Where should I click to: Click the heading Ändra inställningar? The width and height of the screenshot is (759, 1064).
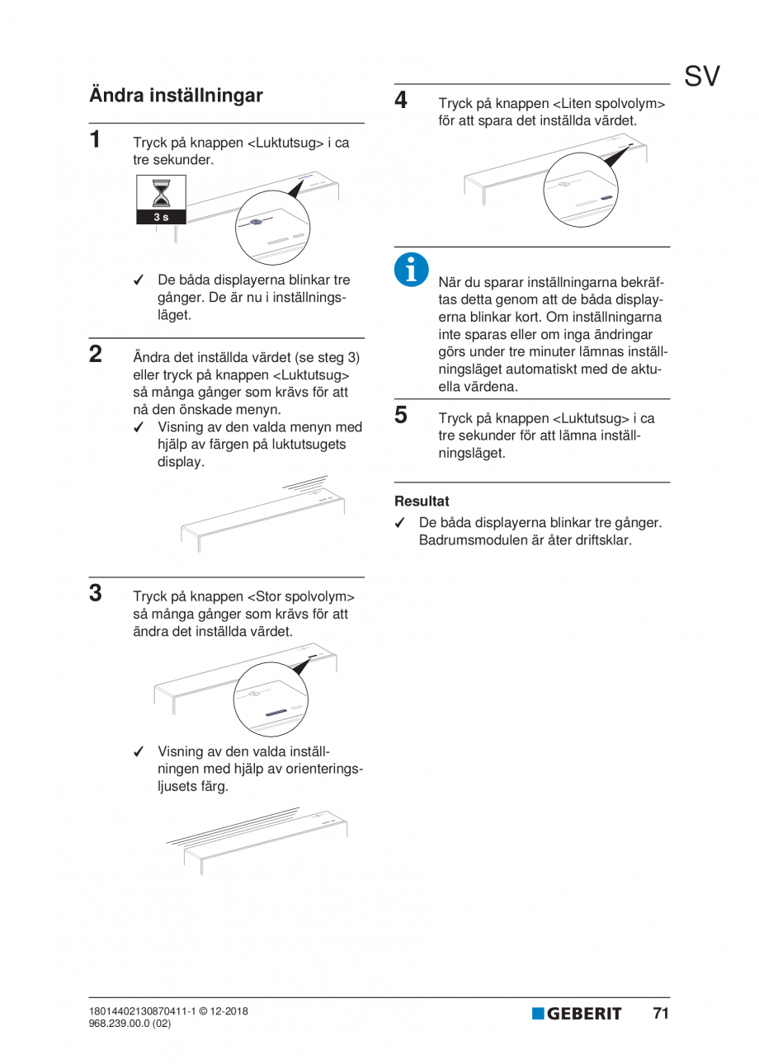tap(176, 96)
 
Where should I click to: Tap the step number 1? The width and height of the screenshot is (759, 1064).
tap(96, 139)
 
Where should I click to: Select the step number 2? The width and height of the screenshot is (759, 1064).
tap(96, 355)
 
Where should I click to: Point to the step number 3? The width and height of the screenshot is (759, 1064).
tap(96, 592)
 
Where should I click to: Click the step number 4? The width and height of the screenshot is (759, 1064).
tap(401, 101)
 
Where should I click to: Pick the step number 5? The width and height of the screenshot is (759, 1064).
tap(401, 414)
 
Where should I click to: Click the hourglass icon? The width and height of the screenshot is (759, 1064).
tap(162, 193)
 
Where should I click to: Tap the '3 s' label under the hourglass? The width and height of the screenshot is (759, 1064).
tap(162, 217)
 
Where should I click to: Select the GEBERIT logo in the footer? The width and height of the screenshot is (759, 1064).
tap(577, 1014)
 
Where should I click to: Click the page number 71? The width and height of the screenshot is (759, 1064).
tap(660, 1013)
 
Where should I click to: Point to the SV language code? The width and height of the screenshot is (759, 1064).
tap(701, 77)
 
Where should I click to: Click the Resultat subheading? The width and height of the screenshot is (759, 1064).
tap(422, 501)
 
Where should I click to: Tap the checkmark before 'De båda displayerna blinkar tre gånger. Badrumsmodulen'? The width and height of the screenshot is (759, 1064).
tap(400, 523)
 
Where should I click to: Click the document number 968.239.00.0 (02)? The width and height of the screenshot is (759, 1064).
tap(130, 1024)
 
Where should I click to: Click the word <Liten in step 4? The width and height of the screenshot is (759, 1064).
tap(571, 104)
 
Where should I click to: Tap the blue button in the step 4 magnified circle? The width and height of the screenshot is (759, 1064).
tap(606, 198)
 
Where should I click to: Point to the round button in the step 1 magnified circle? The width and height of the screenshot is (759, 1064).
tap(257, 223)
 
